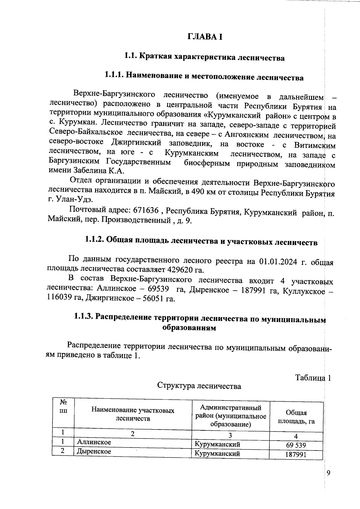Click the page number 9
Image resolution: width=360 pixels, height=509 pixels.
pos(328,473)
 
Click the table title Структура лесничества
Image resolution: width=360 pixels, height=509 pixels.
pos(199,386)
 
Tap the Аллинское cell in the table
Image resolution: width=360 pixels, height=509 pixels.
pos(94,442)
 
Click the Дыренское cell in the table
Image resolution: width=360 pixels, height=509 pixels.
pos(94,451)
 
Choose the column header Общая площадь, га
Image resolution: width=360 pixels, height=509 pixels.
pos(296,417)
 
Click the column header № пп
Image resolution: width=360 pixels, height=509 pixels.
pos(63,406)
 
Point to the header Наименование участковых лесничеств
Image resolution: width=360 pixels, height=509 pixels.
pos(133,414)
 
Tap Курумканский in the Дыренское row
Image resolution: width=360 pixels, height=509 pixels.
pos(217,454)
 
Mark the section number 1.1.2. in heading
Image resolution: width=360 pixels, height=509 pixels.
pos(94,240)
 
